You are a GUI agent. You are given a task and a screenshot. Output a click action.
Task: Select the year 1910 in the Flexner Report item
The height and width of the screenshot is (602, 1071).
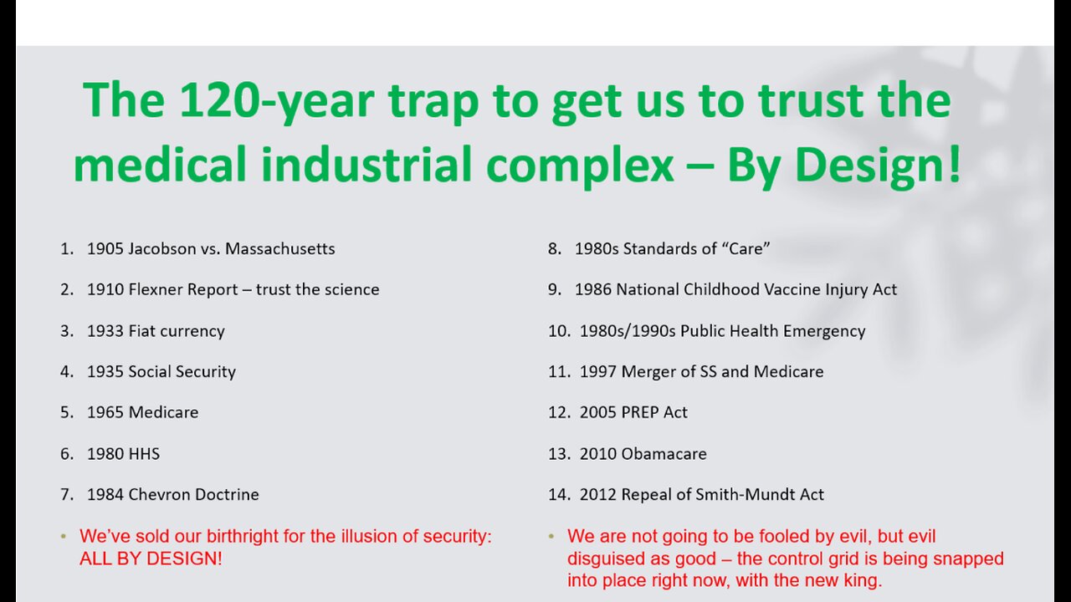[105, 289]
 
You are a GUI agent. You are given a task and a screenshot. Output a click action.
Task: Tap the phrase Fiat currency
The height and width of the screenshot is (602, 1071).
[177, 330]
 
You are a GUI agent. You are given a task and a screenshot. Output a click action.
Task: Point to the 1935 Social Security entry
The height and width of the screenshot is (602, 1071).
[161, 371]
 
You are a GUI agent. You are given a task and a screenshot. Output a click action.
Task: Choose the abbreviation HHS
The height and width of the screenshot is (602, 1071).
[144, 453]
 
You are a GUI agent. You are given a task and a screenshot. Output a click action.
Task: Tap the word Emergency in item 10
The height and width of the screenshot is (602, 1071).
[822, 330]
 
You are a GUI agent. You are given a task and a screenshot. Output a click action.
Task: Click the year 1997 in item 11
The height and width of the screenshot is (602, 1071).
[597, 371]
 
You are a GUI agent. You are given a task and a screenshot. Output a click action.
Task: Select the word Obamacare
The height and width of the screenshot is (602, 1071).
[664, 453]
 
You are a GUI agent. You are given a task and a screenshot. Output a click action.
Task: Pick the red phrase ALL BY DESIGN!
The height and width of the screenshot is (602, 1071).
[151, 559]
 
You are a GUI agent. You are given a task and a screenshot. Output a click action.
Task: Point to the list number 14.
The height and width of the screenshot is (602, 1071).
[558, 494]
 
